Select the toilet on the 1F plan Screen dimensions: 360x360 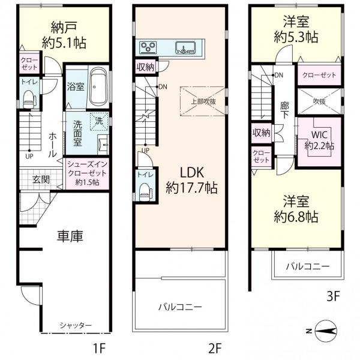click(x=28, y=97)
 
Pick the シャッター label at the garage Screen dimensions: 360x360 click(x=76, y=325)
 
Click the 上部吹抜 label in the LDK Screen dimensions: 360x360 click(x=203, y=101)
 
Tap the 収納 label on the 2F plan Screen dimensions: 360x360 click(x=146, y=66)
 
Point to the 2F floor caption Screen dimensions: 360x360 click(x=215, y=347)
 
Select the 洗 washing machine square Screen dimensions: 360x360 click(x=99, y=120)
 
